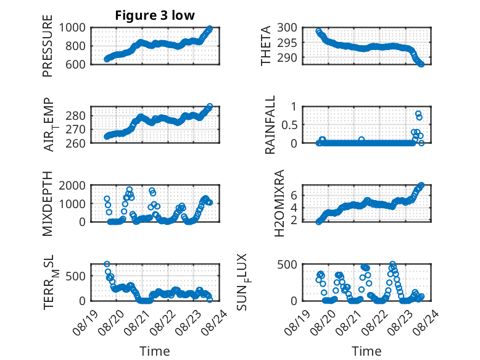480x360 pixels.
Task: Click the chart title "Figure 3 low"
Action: tap(155, 15)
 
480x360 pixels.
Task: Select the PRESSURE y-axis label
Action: tap(48, 46)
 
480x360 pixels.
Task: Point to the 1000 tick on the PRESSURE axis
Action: tap(72, 28)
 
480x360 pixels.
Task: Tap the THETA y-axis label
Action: tap(265, 46)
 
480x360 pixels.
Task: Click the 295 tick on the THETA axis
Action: tap(287, 43)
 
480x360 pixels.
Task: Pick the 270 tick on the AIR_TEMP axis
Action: tap(75, 130)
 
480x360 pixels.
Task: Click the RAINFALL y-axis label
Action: tap(270, 125)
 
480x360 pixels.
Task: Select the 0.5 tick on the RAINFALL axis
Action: tap(289, 125)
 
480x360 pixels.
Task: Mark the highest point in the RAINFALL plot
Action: tap(418, 114)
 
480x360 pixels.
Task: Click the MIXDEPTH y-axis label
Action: tap(48, 203)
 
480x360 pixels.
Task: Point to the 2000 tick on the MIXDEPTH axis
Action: tap(72, 186)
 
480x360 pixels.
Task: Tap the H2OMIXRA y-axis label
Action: tap(279, 203)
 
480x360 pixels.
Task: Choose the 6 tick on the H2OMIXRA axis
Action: tap(294, 196)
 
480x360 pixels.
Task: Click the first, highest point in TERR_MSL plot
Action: tap(107, 264)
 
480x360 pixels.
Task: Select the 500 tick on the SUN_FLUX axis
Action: tap(287, 264)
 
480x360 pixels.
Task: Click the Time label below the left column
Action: tap(155, 351)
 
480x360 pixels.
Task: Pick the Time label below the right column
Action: tap(366, 351)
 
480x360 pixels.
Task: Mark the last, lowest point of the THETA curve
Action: tap(421, 64)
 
